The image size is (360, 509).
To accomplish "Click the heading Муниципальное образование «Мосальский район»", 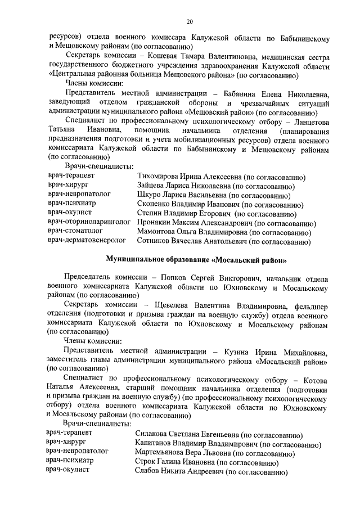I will tap(197, 260).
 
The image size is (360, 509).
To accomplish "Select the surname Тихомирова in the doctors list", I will tap(160, 177).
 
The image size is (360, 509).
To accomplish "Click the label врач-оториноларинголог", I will tap(90, 222).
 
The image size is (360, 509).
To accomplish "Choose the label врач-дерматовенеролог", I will tap(87, 241).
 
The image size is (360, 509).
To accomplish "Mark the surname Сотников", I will tap(155, 241).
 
